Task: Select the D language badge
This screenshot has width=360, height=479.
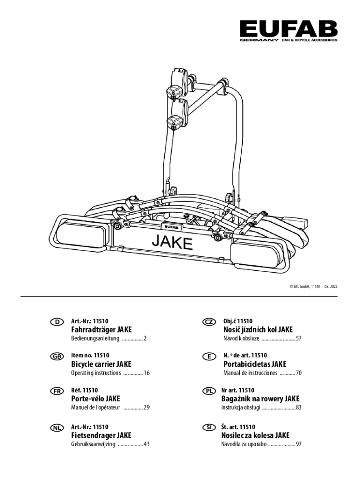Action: tap(57, 322)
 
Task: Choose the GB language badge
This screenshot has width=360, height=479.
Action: tap(57, 356)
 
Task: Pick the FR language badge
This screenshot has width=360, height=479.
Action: tap(57, 391)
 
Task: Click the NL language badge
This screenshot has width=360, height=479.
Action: tap(57, 427)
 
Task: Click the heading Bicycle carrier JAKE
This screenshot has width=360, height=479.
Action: tap(101, 364)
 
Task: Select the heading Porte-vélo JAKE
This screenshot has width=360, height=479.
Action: tap(95, 399)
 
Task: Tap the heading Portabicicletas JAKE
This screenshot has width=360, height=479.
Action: tap(255, 364)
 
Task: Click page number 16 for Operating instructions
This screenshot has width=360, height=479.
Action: tap(146, 373)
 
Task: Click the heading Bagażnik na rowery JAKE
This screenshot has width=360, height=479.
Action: tap(260, 399)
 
